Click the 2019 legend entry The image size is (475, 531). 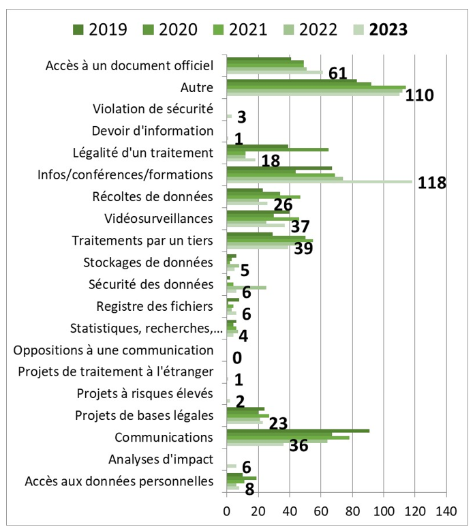(x=102, y=29)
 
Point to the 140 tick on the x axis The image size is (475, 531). (x=446, y=510)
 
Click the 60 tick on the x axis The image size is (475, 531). (x=321, y=510)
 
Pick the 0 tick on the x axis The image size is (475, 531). (x=227, y=510)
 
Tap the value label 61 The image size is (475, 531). (x=339, y=74)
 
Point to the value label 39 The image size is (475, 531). (x=303, y=249)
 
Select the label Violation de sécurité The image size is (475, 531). (x=153, y=108)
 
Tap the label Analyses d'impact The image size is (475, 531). (x=161, y=459)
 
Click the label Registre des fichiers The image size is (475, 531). (x=155, y=305)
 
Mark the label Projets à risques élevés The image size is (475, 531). (x=145, y=393)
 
